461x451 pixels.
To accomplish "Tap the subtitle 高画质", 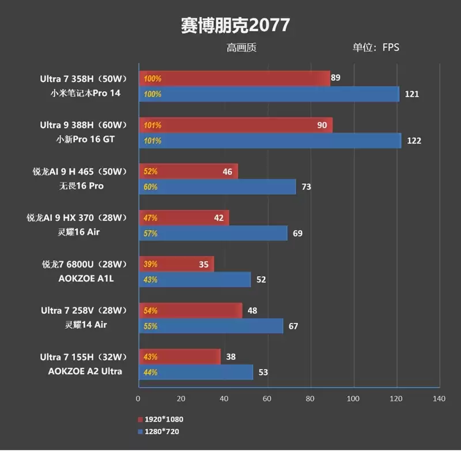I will [x=241, y=48].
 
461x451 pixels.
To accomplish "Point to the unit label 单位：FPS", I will [x=376, y=48].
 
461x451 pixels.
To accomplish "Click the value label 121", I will [x=411, y=94].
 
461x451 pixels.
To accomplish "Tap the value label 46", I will [x=227, y=171].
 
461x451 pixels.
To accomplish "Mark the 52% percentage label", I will [x=150, y=171].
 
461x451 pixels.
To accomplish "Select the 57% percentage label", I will [x=150, y=234].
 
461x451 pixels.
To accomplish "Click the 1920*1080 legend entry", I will [x=164, y=419].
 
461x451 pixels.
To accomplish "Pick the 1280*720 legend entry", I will [x=162, y=431].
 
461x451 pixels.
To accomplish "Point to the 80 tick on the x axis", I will [x=310, y=399].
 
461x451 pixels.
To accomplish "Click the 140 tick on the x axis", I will [x=439, y=399].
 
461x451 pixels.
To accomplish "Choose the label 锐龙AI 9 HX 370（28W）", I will [x=76, y=217].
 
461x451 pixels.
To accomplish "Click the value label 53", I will [x=263, y=373].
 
